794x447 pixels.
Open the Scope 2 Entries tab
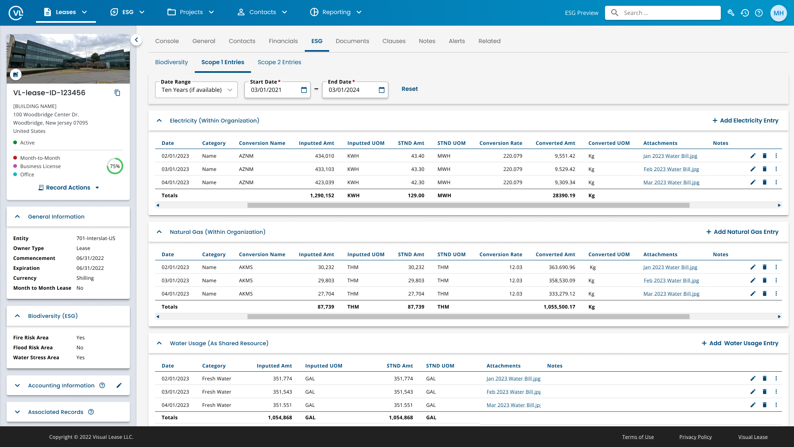coord(279,62)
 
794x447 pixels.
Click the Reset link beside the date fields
coord(409,89)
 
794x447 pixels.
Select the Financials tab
coord(283,41)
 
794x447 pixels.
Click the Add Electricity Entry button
coord(745,120)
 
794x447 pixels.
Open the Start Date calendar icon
coord(304,90)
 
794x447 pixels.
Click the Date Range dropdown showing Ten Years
coord(196,90)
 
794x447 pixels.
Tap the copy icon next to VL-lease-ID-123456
coord(117,93)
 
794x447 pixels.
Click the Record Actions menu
coord(69,187)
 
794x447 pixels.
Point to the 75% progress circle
coord(115,166)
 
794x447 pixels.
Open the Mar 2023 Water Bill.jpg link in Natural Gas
coord(671,294)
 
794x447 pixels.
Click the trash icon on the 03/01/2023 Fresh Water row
coord(765,392)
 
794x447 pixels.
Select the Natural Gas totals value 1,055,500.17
coord(559,307)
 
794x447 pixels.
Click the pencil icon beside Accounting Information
coord(119,385)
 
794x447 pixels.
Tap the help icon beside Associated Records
coord(91,412)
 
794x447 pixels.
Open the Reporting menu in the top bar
coord(336,12)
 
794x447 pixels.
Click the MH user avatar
coord(778,13)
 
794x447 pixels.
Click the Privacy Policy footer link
coord(695,437)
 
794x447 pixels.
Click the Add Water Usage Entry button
coord(740,343)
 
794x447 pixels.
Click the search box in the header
coord(666,13)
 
